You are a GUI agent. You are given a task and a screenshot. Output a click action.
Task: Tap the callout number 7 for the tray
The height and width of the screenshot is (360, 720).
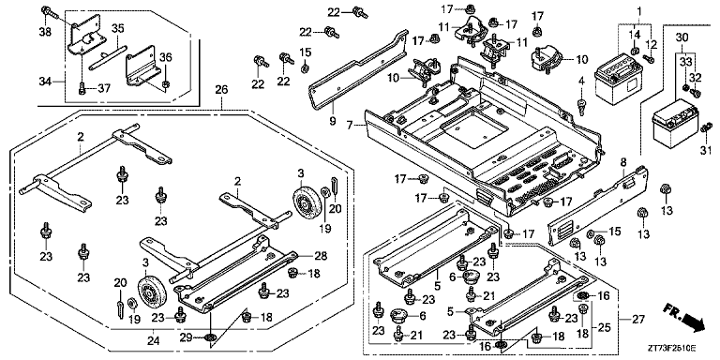tap(350, 126)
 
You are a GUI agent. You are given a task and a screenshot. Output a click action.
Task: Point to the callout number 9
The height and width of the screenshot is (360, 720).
tap(333, 121)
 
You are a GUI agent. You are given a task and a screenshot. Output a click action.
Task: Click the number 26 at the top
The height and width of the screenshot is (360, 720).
tap(222, 90)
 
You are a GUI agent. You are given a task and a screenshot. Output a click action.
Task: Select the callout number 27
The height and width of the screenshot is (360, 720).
tap(638, 319)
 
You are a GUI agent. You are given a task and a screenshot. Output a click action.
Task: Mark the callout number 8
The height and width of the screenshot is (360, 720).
tap(623, 162)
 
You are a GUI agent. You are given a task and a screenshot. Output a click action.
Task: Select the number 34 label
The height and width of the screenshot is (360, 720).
tap(45, 82)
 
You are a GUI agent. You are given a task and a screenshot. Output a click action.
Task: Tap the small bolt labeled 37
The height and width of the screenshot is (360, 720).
tap(82, 87)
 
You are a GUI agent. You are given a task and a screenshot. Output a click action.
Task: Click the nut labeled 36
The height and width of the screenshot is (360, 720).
tap(166, 84)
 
